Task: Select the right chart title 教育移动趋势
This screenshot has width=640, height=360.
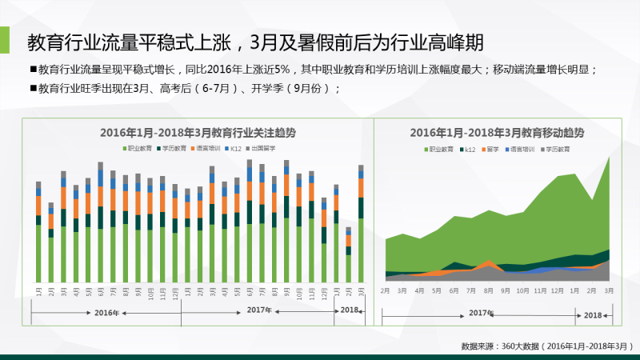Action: point(497,133)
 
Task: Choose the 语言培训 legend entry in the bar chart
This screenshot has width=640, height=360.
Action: point(209,149)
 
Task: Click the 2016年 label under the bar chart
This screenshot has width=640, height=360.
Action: point(106,312)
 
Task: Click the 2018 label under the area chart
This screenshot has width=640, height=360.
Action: point(593,315)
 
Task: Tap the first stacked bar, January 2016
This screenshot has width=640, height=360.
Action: point(38,232)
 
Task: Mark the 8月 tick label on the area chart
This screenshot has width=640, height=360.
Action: point(488,290)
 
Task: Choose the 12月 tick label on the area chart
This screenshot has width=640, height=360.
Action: point(558,290)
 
